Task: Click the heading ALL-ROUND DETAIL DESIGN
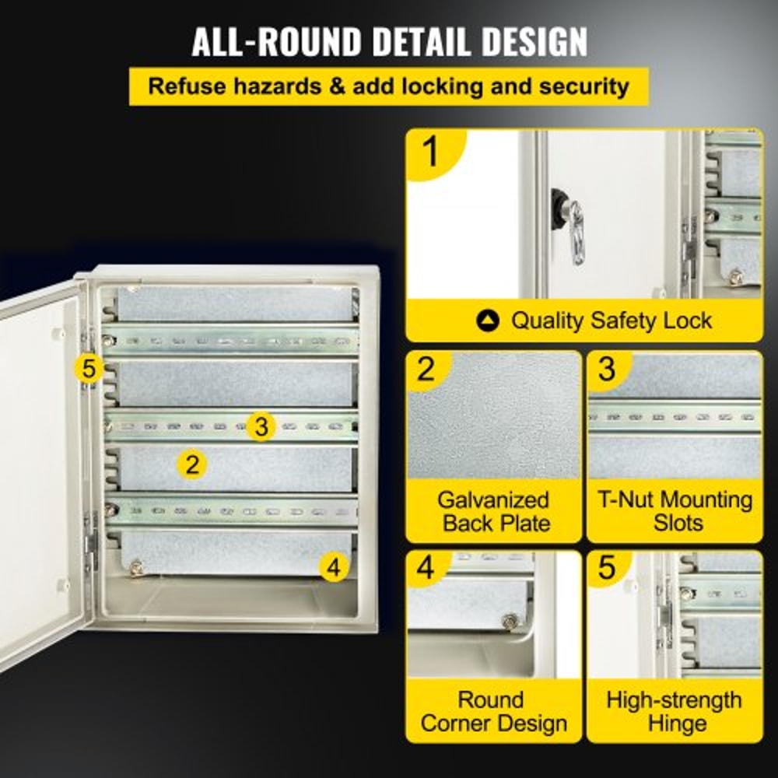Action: click(x=389, y=41)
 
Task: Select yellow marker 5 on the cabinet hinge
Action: click(x=89, y=368)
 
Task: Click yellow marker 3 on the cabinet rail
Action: click(x=261, y=426)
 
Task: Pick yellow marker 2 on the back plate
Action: click(x=192, y=464)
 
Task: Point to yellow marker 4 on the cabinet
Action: click(x=334, y=568)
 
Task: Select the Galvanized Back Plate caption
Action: click(x=493, y=511)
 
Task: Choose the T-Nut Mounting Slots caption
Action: click(x=675, y=511)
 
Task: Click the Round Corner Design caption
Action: click(x=493, y=712)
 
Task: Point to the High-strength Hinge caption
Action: click(x=675, y=712)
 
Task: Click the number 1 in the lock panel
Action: click(x=430, y=152)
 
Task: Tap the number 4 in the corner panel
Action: click(x=426, y=569)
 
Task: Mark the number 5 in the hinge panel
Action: click(x=606, y=569)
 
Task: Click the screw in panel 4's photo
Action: click(x=510, y=621)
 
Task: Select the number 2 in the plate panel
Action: click(x=426, y=369)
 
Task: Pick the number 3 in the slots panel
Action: click(x=606, y=369)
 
